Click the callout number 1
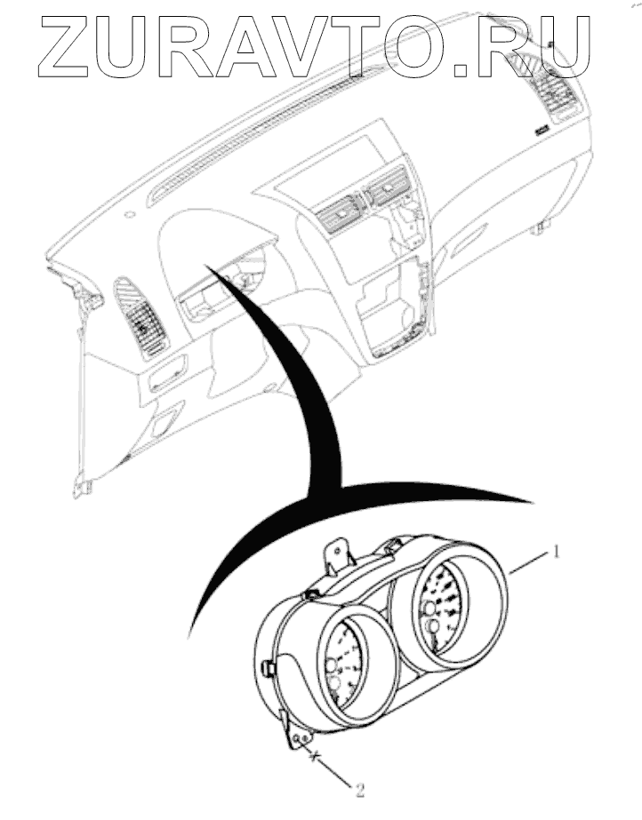click(x=557, y=552)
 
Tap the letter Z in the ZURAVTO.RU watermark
click(x=67, y=45)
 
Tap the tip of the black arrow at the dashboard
click(x=206, y=263)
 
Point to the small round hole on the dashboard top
click(x=131, y=214)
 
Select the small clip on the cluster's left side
click(x=267, y=663)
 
